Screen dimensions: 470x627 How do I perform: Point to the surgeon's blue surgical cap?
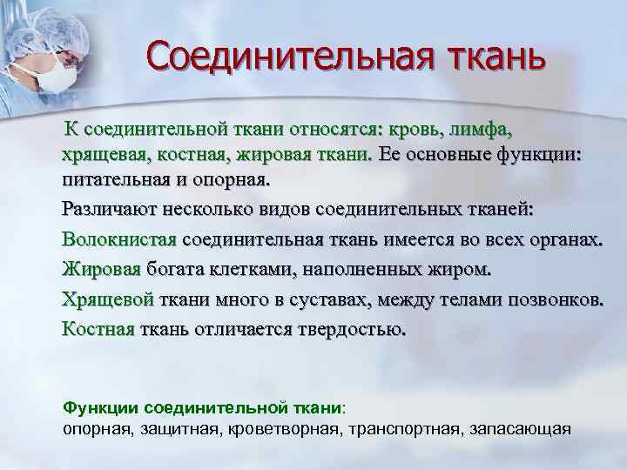(35, 26)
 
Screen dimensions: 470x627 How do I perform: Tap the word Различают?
(107, 210)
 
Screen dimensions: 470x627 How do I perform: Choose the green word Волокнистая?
(119, 239)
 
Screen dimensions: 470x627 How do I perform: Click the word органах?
(568, 239)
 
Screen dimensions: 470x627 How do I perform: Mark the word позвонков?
(556, 299)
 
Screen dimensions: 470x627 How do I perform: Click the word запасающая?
(520, 429)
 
